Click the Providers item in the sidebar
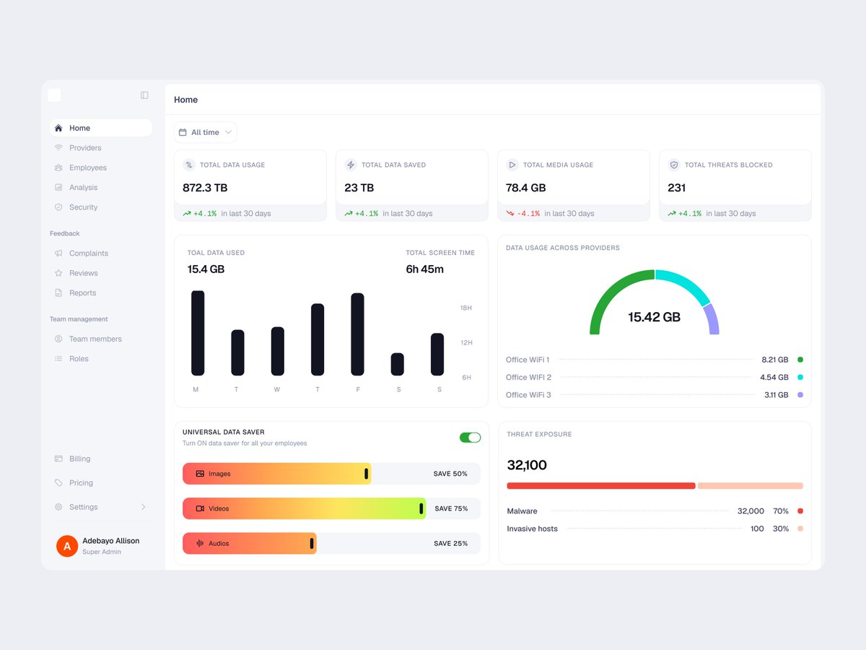pos(85,147)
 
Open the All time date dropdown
pos(205,132)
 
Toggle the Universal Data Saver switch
pos(470,437)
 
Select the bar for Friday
pos(357,334)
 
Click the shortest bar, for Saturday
pos(398,364)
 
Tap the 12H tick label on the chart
pos(466,342)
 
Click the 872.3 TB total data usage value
pos(205,188)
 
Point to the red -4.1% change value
pos(528,214)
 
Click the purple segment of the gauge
pos(712,319)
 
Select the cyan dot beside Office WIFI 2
pos(800,377)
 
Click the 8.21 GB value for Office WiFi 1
pos(775,360)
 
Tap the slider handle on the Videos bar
pos(421,508)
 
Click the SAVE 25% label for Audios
pos(450,543)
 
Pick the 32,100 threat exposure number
pos(527,465)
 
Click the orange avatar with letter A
pos(67,546)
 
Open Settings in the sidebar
pos(83,507)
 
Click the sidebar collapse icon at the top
pos(144,95)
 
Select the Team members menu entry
pos(95,339)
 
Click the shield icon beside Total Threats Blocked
pos(674,165)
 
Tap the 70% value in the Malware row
pos(780,511)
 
